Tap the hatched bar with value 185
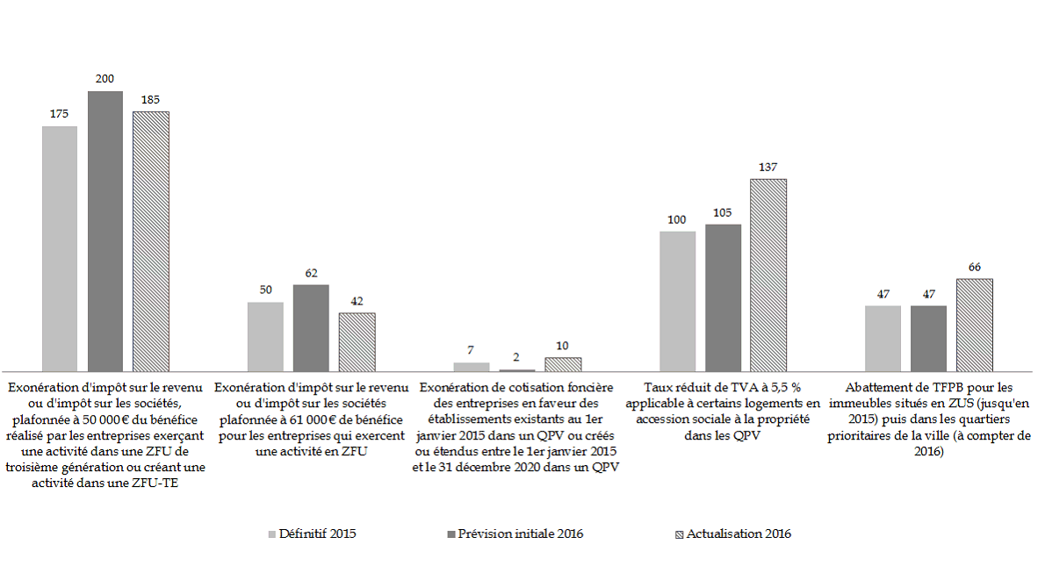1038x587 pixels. tap(150, 241)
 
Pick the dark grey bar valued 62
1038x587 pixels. tap(311, 327)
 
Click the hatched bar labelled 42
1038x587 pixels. tap(357, 341)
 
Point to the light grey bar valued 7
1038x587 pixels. tap(472, 366)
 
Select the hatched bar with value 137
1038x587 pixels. tap(768, 275)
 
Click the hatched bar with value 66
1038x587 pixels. tap(974, 325)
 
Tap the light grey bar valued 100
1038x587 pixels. tap(676, 301)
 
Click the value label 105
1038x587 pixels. tap(722, 212)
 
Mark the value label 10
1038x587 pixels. tap(563, 346)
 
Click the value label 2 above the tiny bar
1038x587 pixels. tap(516, 358)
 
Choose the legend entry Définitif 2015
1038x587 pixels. tap(317, 533)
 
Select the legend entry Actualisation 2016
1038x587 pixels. tap(739, 533)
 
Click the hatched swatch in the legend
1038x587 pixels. tap(679, 533)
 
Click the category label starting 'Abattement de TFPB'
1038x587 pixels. tap(929, 419)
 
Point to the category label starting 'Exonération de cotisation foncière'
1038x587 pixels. tap(516, 426)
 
